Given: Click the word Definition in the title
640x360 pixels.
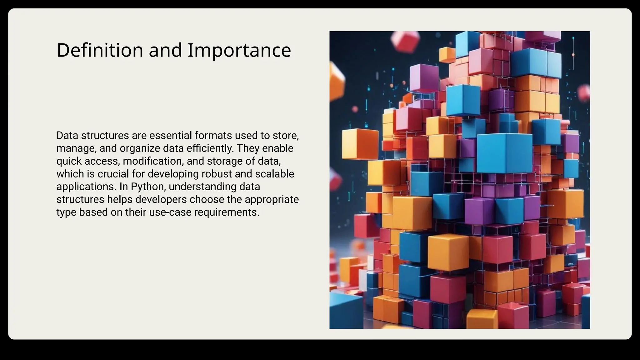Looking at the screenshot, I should click(100, 50).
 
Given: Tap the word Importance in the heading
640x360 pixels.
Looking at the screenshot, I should click(239, 50).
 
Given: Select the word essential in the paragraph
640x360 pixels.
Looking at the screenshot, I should click(171, 136).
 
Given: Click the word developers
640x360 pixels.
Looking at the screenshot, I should click(161, 200).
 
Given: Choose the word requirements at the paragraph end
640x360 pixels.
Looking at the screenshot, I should click(227, 212).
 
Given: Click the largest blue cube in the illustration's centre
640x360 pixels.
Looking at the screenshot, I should click(504, 153).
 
